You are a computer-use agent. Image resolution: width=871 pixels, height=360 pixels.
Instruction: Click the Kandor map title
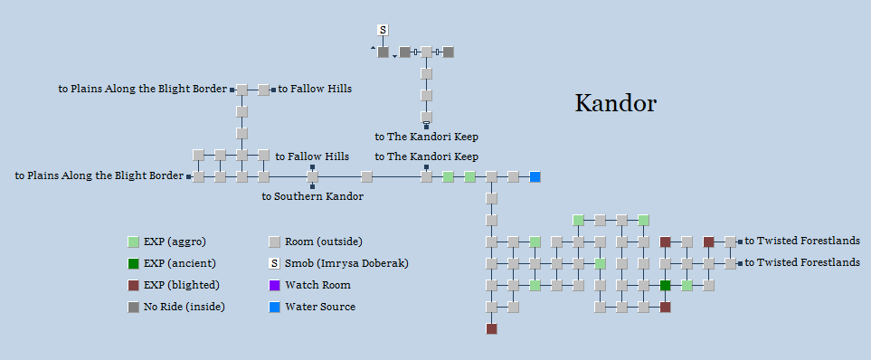pos(615,103)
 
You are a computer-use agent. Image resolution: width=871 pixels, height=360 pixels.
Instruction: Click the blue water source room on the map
pos(535,176)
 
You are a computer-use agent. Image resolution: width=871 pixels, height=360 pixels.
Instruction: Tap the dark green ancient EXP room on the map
pos(665,286)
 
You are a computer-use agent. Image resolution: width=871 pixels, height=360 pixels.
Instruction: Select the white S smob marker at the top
pos(383,31)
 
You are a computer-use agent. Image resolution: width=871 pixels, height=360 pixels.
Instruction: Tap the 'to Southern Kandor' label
pos(312,196)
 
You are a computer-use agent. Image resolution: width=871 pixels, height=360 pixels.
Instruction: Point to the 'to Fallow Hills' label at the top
pos(314,90)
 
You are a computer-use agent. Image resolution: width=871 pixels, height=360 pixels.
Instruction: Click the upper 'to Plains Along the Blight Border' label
pos(143,90)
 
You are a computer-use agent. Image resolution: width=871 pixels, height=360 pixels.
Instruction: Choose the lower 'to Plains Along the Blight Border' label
pos(99,176)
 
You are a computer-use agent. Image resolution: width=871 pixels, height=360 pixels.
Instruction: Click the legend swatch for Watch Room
pos(274,285)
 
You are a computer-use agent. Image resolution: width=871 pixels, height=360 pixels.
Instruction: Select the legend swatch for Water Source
pos(274,307)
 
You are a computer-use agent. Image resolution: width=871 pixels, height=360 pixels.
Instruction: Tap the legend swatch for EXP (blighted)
pos(133,285)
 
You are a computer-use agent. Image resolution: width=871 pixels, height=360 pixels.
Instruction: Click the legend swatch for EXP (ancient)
pos(133,263)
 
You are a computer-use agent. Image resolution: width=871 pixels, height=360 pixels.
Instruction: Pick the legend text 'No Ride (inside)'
pos(184,307)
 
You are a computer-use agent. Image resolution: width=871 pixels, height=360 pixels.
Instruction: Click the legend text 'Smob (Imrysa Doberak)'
pos(346,263)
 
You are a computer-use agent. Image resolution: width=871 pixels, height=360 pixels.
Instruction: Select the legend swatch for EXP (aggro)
pos(133,242)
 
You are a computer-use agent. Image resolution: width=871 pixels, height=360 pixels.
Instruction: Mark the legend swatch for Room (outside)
pos(274,242)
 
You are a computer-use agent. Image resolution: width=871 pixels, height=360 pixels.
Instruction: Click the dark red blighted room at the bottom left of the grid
pos(491,329)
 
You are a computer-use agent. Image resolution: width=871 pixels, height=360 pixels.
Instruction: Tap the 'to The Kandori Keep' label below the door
pos(426,137)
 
